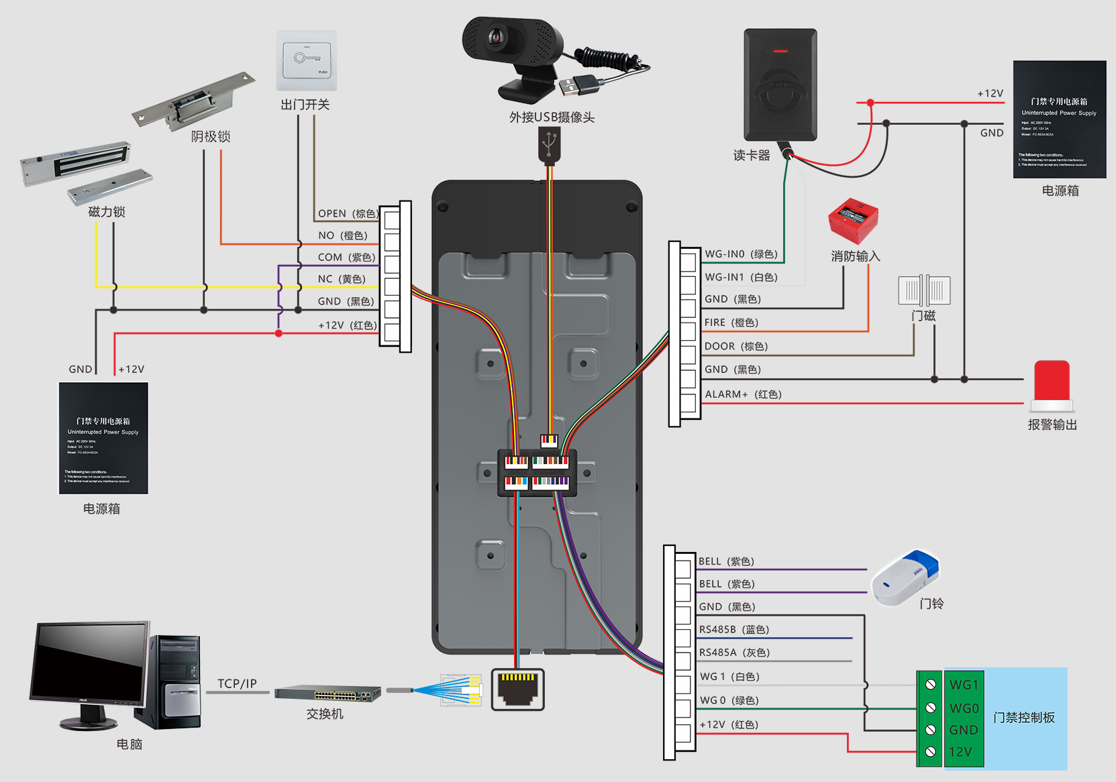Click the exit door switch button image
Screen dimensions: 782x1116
(x=307, y=60)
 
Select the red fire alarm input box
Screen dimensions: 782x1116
(x=853, y=220)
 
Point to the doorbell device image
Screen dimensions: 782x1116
(x=905, y=577)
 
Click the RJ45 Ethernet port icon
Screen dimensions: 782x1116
(x=518, y=689)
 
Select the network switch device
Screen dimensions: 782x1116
(x=327, y=693)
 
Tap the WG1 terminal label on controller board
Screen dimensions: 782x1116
(x=964, y=685)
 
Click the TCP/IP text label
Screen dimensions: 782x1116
(x=237, y=683)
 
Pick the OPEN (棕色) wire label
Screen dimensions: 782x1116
(x=348, y=213)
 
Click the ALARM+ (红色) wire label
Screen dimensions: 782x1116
(x=743, y=394)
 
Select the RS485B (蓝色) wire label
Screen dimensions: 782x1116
(x=733, y=630)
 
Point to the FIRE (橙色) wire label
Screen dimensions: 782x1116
(x=731, y=323)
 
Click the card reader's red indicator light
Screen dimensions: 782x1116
(x=780, y=51)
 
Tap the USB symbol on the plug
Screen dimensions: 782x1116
(x=549, y=142)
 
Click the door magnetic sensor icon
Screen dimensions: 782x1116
(x=924, y=290)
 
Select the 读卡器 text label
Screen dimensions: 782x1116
(x=751, y=156)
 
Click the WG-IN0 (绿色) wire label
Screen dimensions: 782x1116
(x=741, y=254)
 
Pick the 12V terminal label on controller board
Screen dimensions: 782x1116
(x=960, y=752)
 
